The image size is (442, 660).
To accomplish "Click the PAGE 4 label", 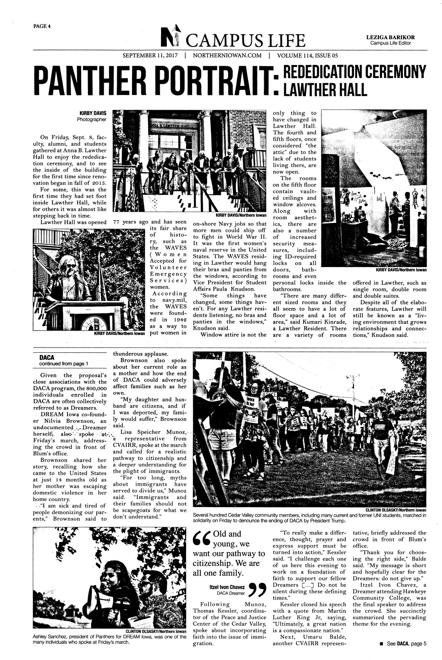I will pyautogui.click(x=42, y=27).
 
